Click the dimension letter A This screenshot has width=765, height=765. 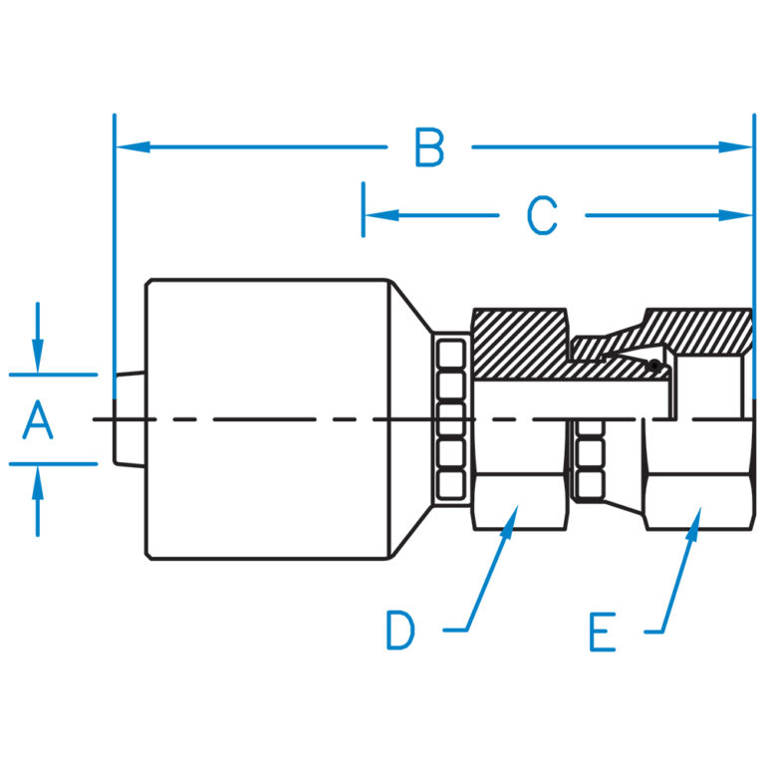coord(38,419)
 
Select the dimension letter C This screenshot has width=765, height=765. coord(542,215)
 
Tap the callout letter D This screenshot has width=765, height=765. coord(400,631)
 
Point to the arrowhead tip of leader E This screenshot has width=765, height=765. coord(696,514)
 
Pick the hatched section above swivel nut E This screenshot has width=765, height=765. coord(697,329)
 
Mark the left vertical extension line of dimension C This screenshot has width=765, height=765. coord(364,210)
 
